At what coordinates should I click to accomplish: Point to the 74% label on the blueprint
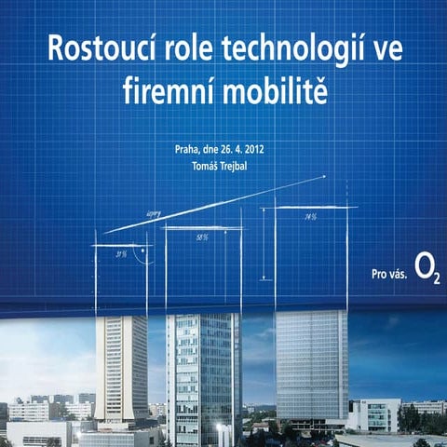click(310, 217)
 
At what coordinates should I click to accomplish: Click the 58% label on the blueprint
click(202, 237)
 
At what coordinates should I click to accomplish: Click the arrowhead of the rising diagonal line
click(323, 177)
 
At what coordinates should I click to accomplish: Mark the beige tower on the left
click(121, 368)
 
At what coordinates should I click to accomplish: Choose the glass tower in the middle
click(203, 377)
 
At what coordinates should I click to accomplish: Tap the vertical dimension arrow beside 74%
click(264, 244)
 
